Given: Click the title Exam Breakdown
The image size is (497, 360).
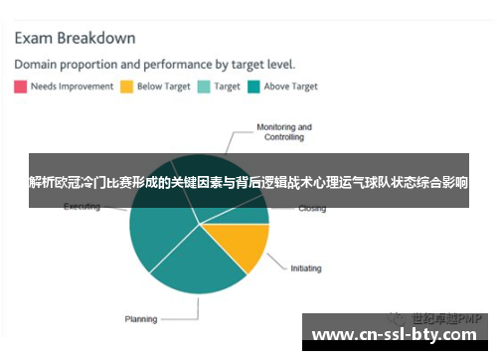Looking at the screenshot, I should coord(75,39).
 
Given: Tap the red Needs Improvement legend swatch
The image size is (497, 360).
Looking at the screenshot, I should coord(20,87).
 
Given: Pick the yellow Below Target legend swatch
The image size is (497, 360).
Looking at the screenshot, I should coord(126,87).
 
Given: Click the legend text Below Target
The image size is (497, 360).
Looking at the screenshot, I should coord(163,87).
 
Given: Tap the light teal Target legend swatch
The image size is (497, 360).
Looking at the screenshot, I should coord(204,87).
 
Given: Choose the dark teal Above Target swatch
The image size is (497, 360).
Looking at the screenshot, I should coord(253,87).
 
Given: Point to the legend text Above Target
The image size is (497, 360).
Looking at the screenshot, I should coord(291,87).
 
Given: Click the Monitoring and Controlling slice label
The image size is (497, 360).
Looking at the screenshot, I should coord(284,132).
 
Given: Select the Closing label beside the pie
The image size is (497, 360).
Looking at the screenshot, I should coord(311,209).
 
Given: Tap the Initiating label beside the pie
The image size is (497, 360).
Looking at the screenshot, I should coord(306,269).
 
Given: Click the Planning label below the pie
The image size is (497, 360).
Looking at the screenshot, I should coord(140,319).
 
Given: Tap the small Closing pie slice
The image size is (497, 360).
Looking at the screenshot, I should coord(253,213).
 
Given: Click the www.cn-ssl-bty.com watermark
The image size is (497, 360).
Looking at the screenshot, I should coord(398,335).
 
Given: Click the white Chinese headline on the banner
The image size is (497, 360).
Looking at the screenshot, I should coord(248,183).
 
